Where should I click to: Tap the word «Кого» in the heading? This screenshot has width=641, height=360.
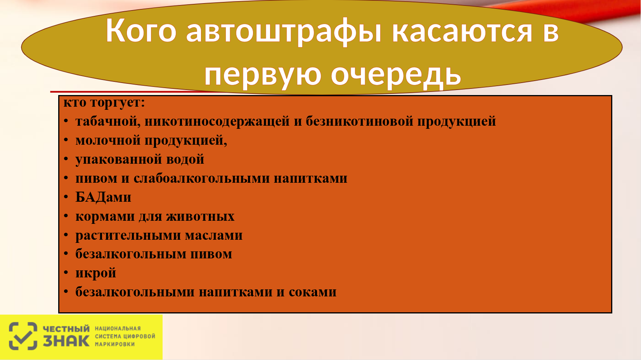point(141,30)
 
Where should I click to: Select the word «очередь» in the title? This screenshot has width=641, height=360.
point(396,75)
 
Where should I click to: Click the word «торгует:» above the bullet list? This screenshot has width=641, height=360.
point(117,102)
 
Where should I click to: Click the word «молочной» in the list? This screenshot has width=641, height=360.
point(108,140)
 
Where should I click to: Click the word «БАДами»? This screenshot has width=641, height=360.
point(103,197)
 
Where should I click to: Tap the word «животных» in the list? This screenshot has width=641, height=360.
point(200,216)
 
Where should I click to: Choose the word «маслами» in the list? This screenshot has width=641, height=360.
point(213,235)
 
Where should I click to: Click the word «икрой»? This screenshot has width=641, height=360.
point(96,273)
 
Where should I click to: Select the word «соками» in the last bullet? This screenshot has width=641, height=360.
point(312,292)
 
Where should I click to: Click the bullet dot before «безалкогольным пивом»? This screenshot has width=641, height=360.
point(66,254)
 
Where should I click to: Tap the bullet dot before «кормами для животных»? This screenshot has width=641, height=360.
point(66,216)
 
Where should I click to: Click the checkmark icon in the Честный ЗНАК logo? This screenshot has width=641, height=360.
point(23,336)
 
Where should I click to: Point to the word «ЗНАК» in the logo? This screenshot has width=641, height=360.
point(66,341)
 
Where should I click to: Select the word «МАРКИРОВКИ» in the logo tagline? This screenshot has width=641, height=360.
point(115,344)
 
